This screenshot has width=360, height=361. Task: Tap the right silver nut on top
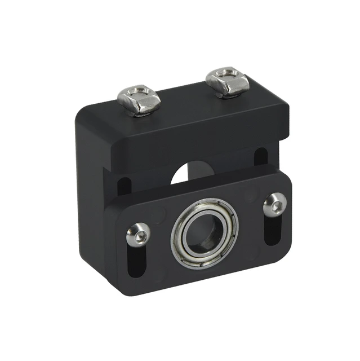[227, 82]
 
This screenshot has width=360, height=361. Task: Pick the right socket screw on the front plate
[274, 204]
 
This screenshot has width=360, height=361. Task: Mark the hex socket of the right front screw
[274, 204]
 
